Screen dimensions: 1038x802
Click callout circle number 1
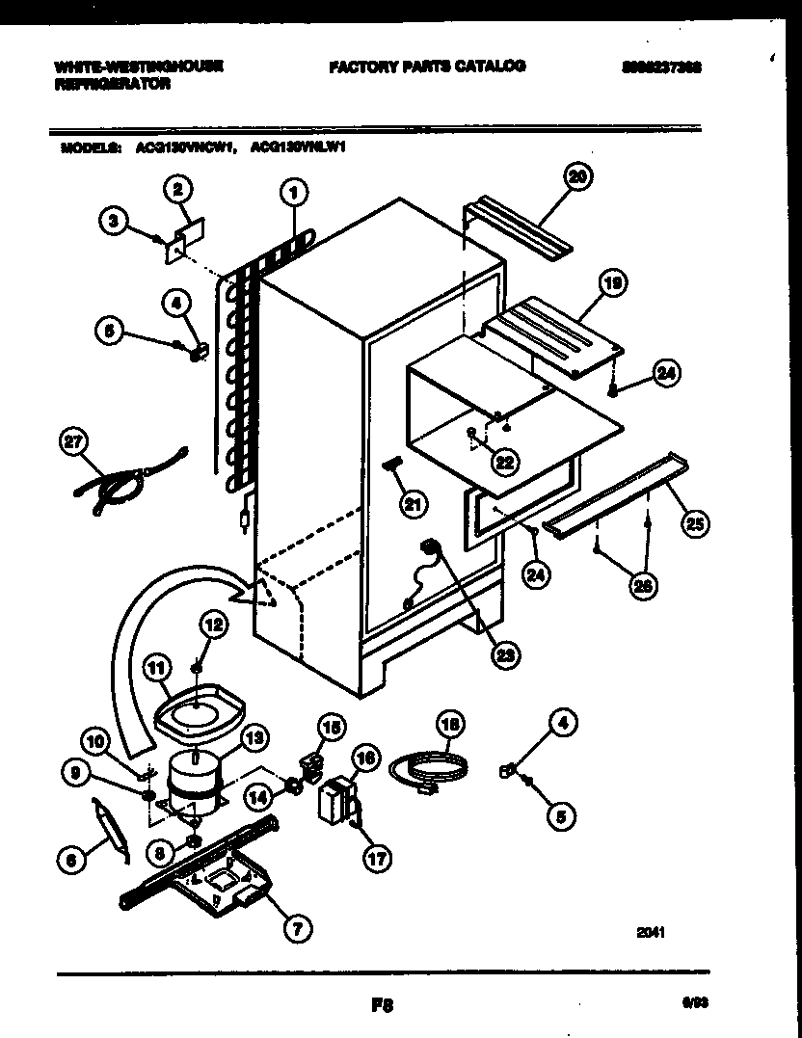click(x=295, y=195)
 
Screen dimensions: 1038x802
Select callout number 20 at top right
click(x=578, y=176)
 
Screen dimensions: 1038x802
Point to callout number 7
click(x=296, y=929)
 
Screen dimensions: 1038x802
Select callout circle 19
click(x=610, y=283)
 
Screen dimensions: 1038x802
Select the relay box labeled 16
click(x=333, y=800)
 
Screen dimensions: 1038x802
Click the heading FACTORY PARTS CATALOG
click(x=427, y=67)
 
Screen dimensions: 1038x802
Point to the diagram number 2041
click(x=652, y=932)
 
